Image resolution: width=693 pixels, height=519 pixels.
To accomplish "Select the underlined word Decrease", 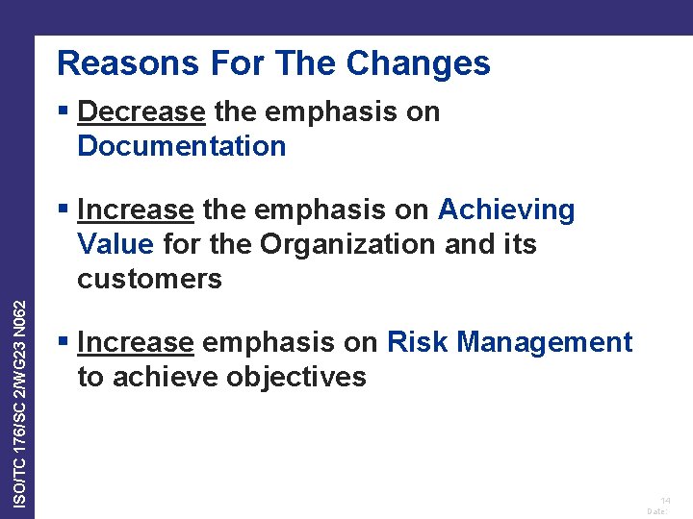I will click(141, 112).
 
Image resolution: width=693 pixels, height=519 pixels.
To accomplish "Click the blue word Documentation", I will click(181, 147).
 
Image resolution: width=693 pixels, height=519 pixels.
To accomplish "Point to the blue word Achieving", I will click(506, 210).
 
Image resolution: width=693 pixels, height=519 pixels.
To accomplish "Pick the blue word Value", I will click(115, 244).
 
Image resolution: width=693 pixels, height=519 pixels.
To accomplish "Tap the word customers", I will click(149, 280).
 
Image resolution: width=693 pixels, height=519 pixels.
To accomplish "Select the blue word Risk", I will click(417, 342).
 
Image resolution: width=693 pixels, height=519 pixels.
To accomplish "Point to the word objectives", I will click(296, 378).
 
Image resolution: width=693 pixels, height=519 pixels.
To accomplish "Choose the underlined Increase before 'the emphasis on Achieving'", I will click(136, 210).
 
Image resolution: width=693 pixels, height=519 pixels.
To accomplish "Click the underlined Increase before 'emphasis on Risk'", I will click(136, 342).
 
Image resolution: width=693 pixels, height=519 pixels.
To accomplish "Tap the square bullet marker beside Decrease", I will click(64, 112).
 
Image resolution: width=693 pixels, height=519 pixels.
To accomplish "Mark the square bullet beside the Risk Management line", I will click(64, 342).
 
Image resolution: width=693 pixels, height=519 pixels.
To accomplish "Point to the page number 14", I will click(665, 501).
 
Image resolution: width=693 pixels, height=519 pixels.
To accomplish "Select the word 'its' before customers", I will click(518, 244).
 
